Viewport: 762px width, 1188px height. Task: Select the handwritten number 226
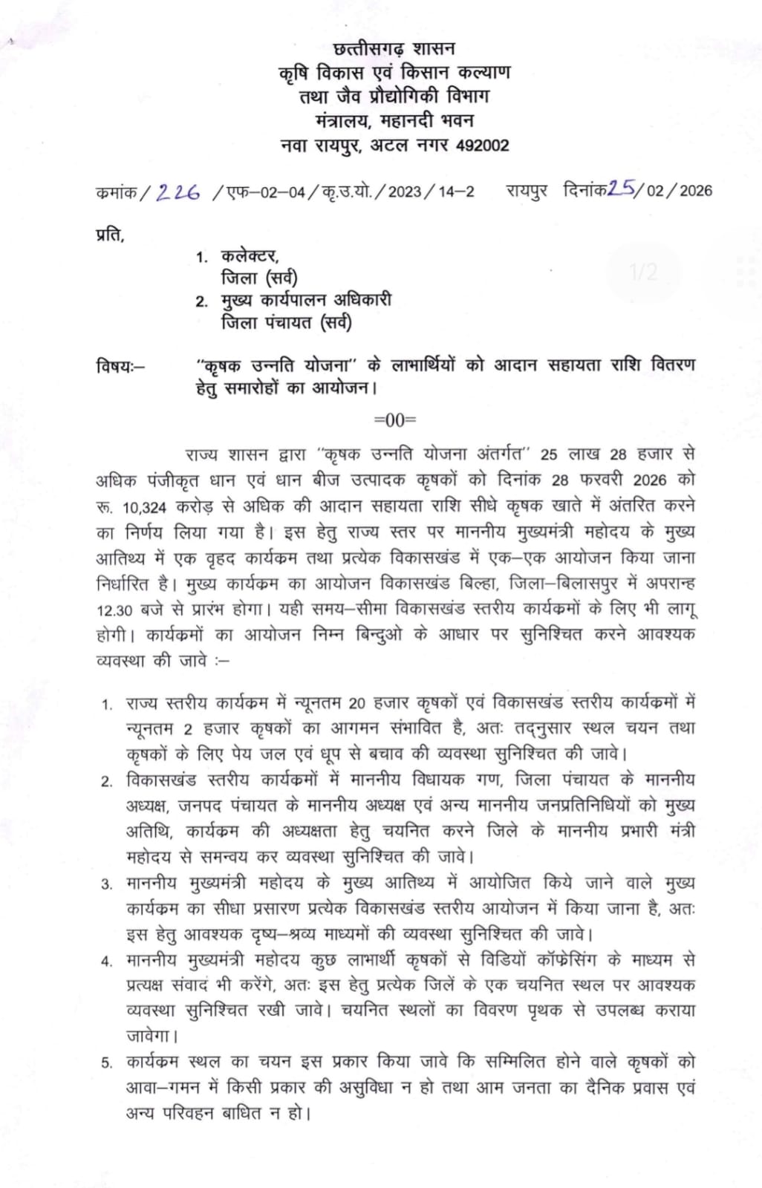coord(178,192)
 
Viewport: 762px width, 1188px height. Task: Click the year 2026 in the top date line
coord(695,191)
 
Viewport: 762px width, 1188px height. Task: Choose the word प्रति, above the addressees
coord(111,235)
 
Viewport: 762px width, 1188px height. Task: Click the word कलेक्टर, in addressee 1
coord(250,256)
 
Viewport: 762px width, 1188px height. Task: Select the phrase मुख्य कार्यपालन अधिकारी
coord(306,301)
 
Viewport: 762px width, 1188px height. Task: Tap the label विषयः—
coord(121,366)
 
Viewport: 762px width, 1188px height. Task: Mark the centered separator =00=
coord(395,420)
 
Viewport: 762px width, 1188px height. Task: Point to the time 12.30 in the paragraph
coord(114,610)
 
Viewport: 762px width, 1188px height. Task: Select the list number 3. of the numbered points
coord(108,884)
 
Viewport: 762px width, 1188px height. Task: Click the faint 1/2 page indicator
coord(644,272)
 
